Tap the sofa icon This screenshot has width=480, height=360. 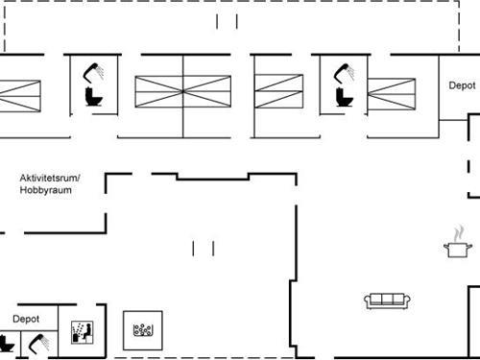388,300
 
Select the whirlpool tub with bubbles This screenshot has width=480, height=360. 144,330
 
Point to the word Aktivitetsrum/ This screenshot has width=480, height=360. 49,178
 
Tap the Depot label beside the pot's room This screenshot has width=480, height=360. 462,85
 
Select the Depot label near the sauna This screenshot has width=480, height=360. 26,318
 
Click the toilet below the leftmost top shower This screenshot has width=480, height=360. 93,97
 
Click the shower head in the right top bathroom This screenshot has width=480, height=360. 343,72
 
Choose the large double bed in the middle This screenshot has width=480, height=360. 182,94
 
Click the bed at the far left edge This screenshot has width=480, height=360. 20,94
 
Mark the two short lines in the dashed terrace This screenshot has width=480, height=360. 227,21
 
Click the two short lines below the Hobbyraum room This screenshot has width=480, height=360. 203,249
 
